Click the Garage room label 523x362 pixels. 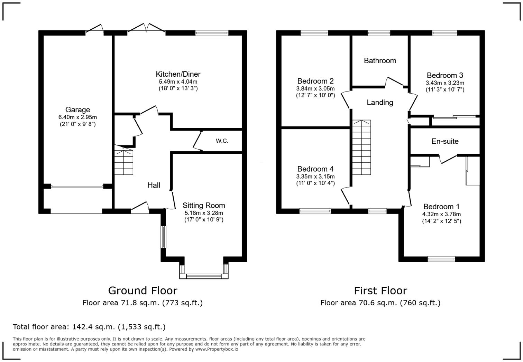tap(77, 110)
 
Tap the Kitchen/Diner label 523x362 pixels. tap(178, 74)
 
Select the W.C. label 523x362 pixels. tap(222, 141)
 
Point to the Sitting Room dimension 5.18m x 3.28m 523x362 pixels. tap(204, 213)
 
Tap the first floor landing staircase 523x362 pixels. tap(361, 147)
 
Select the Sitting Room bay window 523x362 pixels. tap(204, 275)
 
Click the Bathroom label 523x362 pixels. tap(380, 61)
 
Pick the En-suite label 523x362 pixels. tap(445, 141)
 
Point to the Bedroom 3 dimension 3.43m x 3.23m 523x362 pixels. tap(445, 83)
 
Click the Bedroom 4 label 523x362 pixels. tap(315, 169)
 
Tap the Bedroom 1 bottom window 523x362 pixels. tap(441, 259)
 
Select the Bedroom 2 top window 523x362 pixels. tap(314, 33)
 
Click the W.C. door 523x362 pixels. tap(198, 141)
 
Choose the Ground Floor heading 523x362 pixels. tap(143, 290)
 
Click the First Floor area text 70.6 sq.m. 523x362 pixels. tap(380, 303)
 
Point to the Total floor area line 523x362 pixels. tap(89, 327)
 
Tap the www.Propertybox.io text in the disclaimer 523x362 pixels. tap(217, 349)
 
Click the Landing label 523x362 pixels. tap(380, 103)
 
